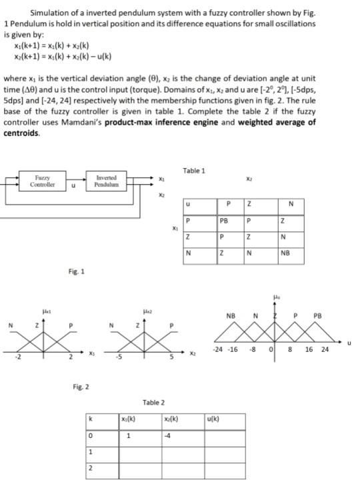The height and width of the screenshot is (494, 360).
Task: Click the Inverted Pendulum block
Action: coord(106,181)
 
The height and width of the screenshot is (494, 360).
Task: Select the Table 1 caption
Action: coord(193,171)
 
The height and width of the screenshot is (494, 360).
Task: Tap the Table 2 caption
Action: coord(153,402)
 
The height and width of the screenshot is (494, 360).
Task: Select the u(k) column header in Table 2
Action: coord(215,419)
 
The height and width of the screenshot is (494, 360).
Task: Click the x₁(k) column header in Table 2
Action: coord(129,419)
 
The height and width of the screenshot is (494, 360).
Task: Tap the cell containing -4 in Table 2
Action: coord(169,436)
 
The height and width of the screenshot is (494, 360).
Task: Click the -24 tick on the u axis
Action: coord(217,349)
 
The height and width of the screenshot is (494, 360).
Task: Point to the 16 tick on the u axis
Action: coord(309,349)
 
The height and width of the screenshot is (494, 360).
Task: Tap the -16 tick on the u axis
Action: coord(231,349)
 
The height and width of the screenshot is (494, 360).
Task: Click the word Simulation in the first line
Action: coord(50,13)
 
